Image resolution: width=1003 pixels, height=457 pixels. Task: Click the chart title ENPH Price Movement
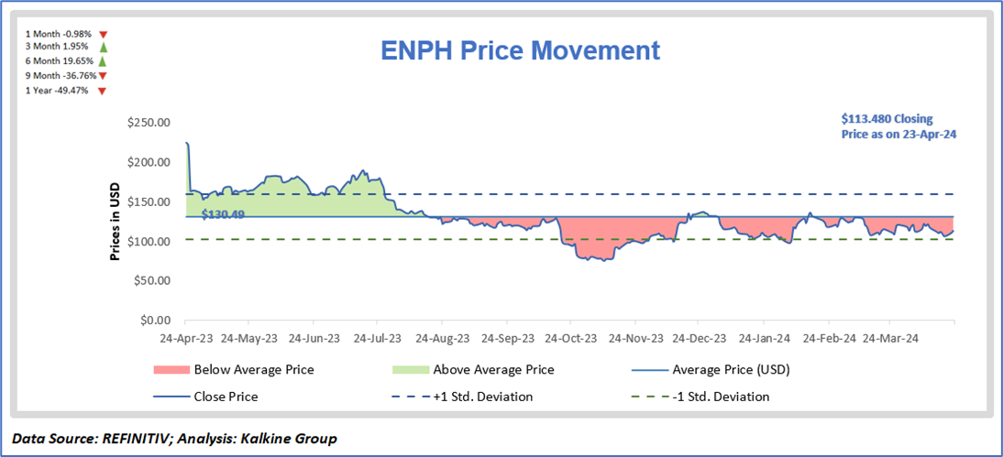519,49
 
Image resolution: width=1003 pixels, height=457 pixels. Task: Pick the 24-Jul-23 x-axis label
378,337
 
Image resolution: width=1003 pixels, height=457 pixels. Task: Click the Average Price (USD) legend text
731,370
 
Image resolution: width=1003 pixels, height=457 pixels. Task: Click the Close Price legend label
226,397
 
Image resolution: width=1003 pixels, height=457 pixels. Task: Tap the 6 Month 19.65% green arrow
104,61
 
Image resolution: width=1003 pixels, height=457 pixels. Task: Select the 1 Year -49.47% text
57,91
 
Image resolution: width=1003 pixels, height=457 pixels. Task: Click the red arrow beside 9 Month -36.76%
103,76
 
